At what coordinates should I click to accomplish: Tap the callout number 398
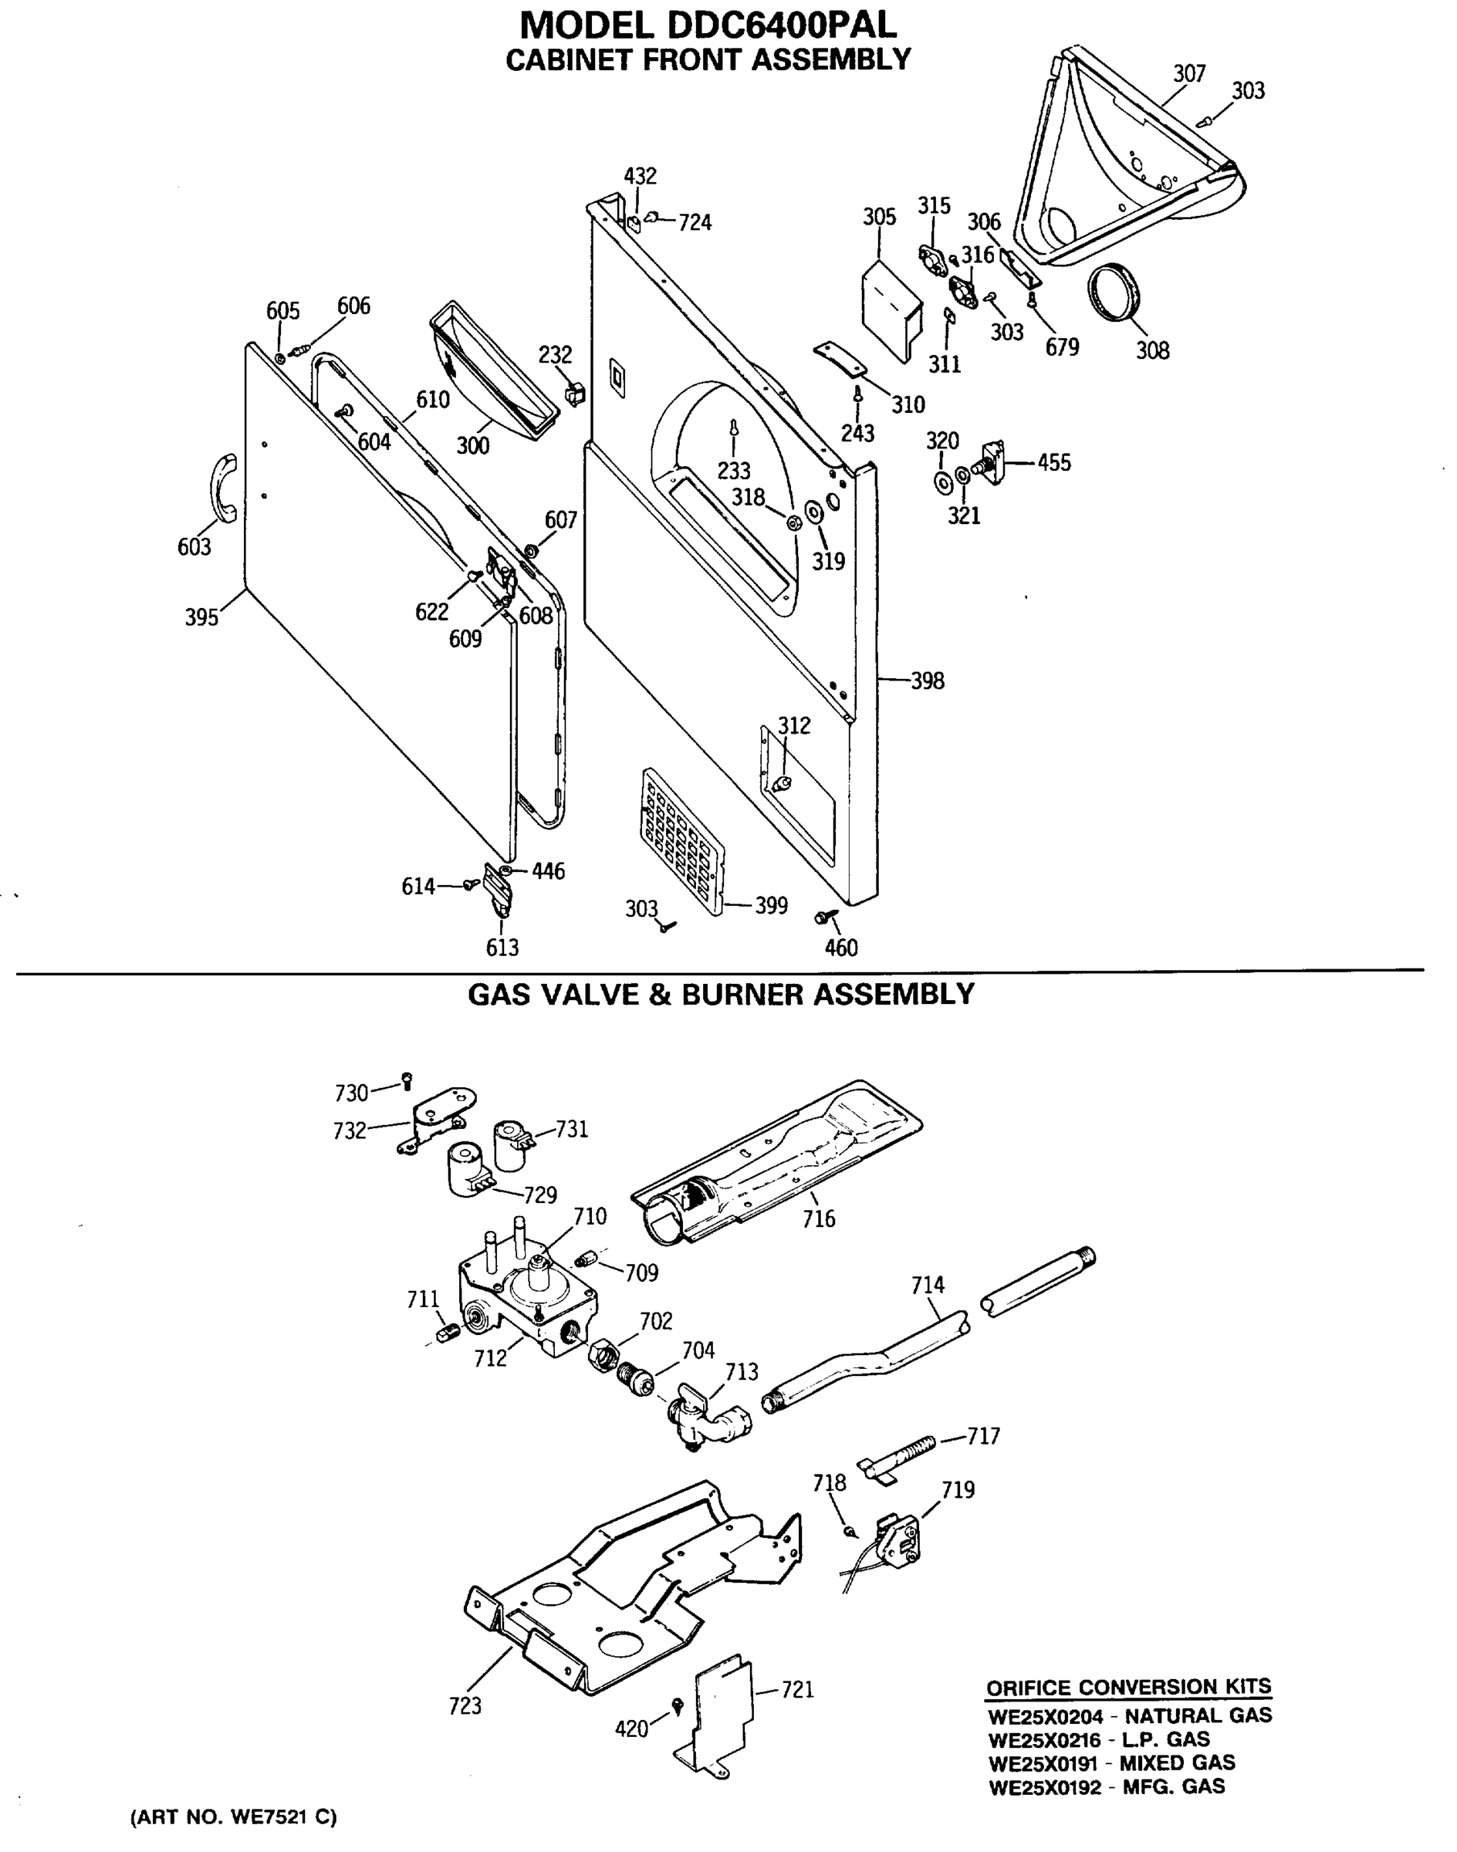(928, 681)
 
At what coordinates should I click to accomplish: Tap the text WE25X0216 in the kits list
(1044, 1739)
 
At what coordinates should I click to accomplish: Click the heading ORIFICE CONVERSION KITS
(1127, 1688)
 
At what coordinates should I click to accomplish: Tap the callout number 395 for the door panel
(201, 617)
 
